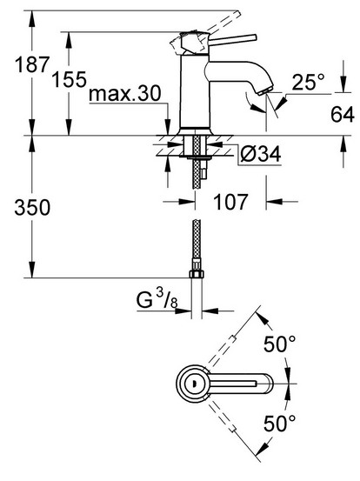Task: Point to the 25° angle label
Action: tap(308, 83)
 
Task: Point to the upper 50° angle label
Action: tap(280, 344)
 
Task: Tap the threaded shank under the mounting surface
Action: tap(197, 161)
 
